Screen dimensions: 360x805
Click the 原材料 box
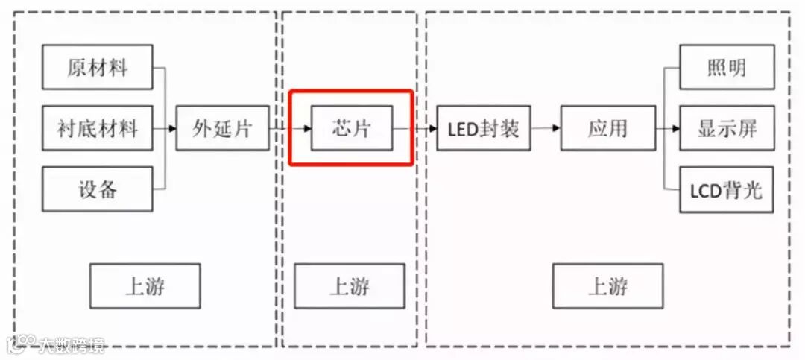pos(98,68)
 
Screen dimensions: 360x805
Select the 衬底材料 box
pos(98,128)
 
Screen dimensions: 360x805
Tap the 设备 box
pos(98,189)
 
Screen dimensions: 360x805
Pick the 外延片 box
pos(222,128)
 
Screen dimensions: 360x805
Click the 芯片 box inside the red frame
pos(351,128)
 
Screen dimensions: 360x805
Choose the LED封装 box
pos(482,128)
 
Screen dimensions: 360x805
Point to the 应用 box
pos(607,128)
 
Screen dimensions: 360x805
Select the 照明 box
pos(726,68)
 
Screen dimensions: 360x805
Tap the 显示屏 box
pos(726,128)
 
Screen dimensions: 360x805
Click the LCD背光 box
pos(726,190)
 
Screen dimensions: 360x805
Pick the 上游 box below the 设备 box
pos(145,286)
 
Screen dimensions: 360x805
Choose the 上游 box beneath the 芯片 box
pos(350,286)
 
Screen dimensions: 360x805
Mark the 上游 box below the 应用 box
pos(607,286)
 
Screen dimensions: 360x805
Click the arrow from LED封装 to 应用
pos(544,128)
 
